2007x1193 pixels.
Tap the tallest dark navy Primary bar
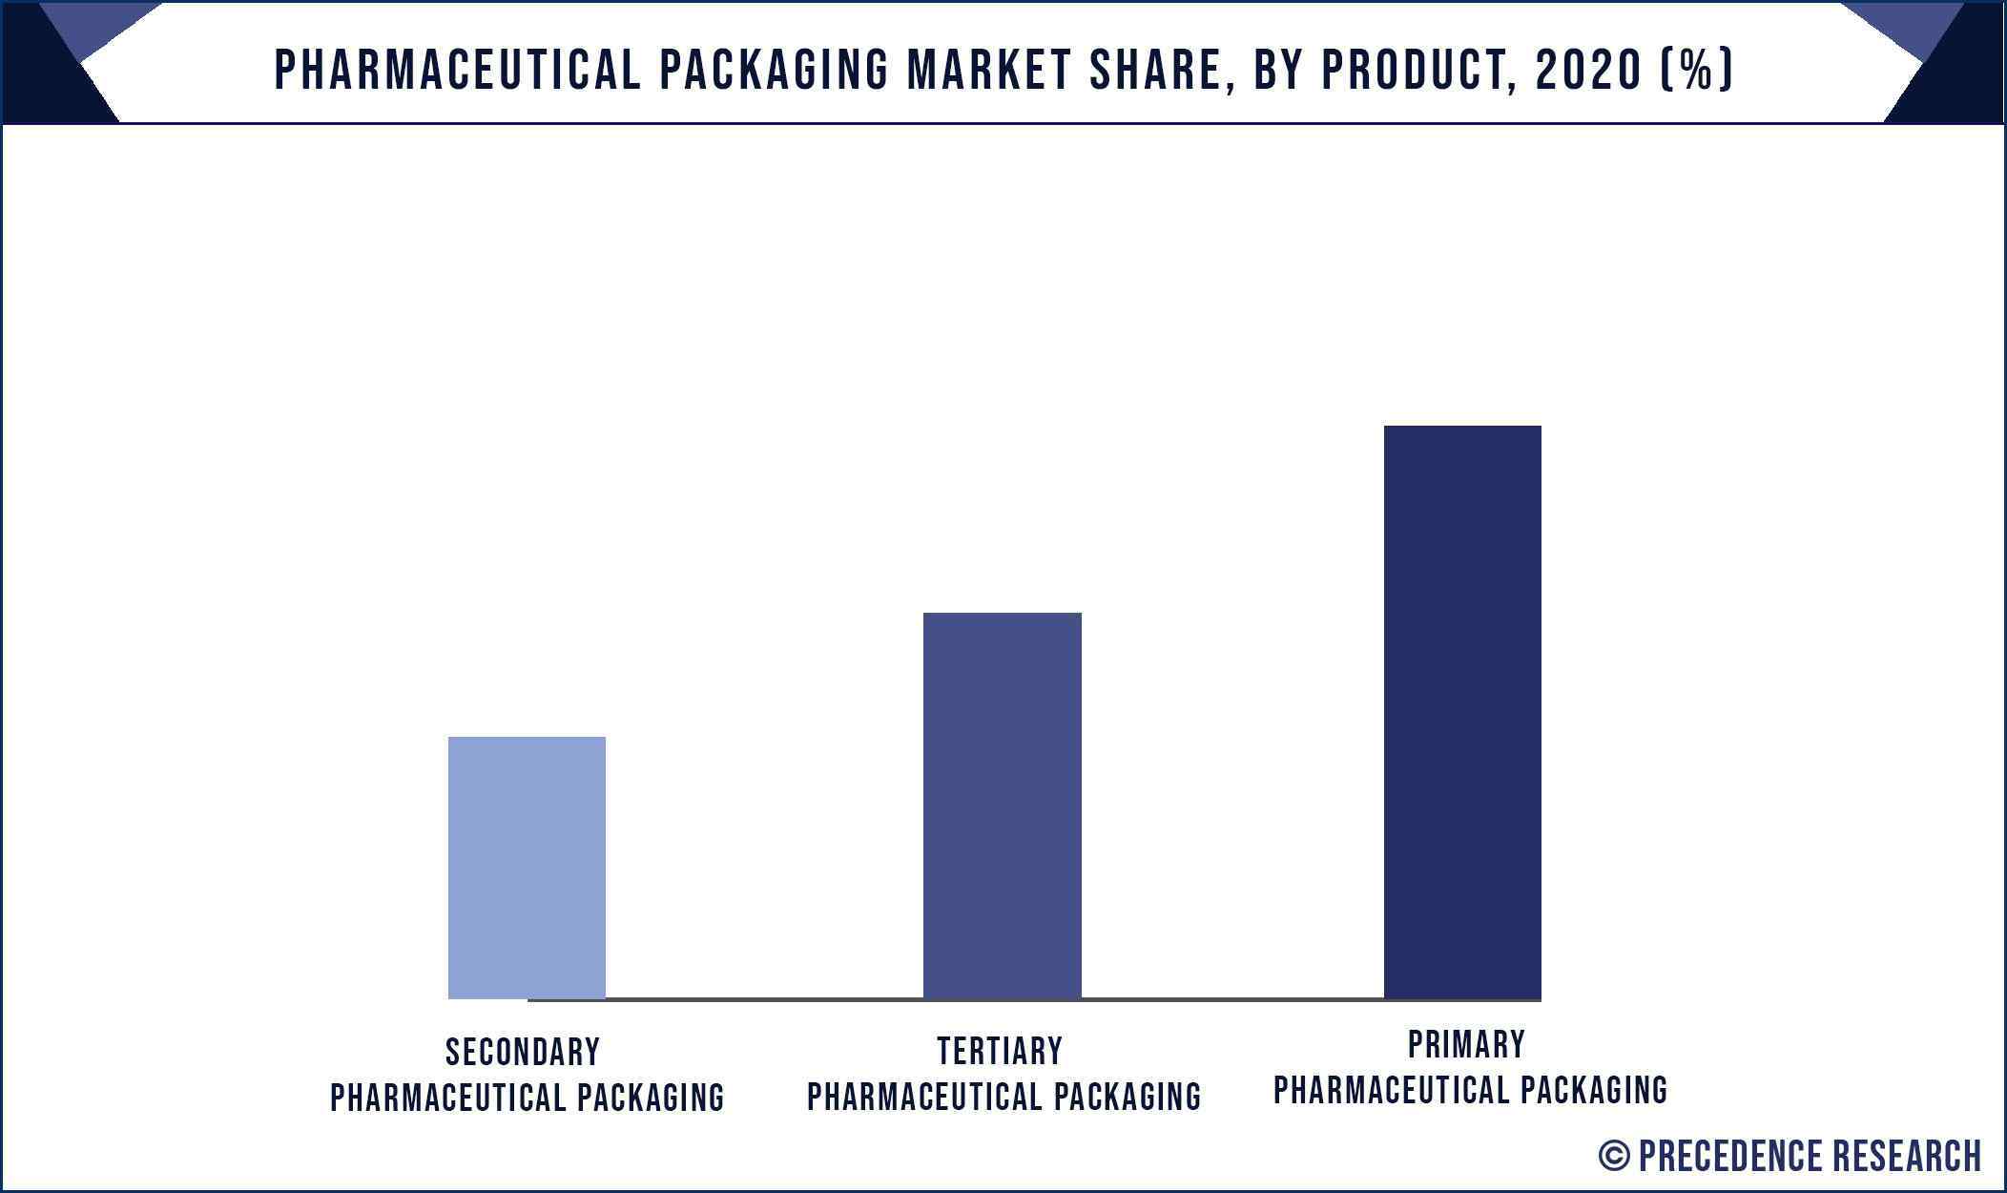(1462, 711)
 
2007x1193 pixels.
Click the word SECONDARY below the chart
(523, 1052)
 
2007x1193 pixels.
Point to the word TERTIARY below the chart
(1000, 1051)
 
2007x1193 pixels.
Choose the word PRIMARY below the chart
(1466, 1044)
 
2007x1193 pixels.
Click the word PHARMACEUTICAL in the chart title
(458, 70)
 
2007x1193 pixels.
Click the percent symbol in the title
(1696, 70)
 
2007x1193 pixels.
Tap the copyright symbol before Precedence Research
(1614, 1156)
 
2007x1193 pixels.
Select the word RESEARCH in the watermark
(1907, 1156)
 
